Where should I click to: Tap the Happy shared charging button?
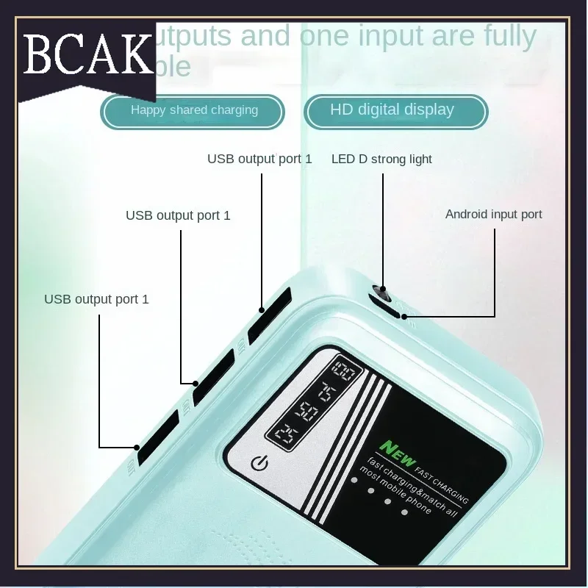(x=194, y=110)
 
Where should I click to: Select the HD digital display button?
(x=392, y=110)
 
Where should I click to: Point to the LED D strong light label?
(x=381, y=159)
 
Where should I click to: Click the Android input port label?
(x=493, y=215)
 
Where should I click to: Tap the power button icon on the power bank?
(x=259, y=463)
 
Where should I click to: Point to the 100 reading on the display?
(x=344, y=370)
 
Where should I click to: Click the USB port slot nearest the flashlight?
(x=269, y=315)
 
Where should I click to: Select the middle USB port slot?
(x=213, y=376)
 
